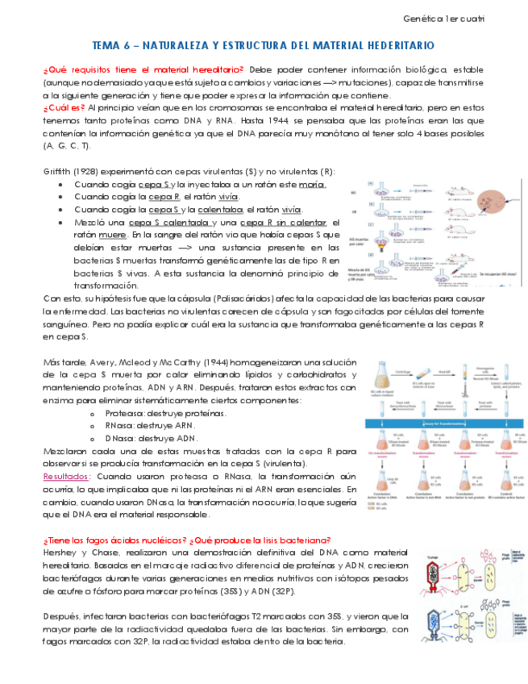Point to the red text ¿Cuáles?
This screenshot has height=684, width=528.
(x=64, y=107)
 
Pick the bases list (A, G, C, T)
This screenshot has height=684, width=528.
(x=66, y=145)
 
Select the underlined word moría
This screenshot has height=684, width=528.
(x=311, y=184)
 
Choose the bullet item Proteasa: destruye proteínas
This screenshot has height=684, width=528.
(x=165, y=413)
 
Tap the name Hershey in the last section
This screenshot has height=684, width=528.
(x=64, y=553)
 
